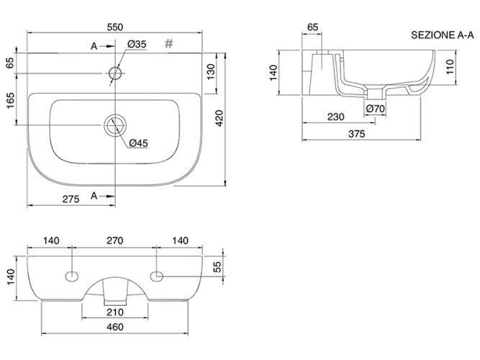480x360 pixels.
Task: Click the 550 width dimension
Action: tap(115, 25)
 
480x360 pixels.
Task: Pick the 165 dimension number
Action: tap(10, 99)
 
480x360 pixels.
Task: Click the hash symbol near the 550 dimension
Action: tap(170, 43)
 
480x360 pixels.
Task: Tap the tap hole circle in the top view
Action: tap(115, 73)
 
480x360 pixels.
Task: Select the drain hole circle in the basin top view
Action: tap(114, 127)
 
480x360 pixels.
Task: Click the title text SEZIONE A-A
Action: tap(443, 35)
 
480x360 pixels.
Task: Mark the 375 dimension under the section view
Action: tap(357, 134)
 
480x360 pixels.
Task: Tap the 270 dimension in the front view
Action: tap(115, 240)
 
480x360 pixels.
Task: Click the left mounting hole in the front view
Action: tap(73, 275)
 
